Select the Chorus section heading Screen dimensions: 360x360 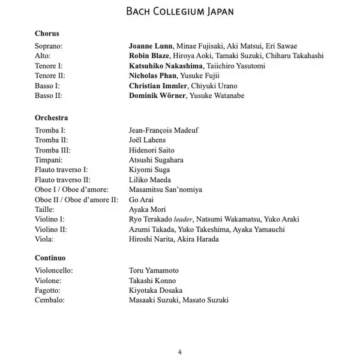tap(47, 34)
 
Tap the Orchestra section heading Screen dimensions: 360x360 tap(51, 118)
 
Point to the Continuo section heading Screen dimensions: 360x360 tap(50, 258)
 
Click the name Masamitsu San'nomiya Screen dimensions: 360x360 tap(166, 190)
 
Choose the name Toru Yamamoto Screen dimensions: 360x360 tap(154, 271)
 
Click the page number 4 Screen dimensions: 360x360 tap(180, 351)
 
